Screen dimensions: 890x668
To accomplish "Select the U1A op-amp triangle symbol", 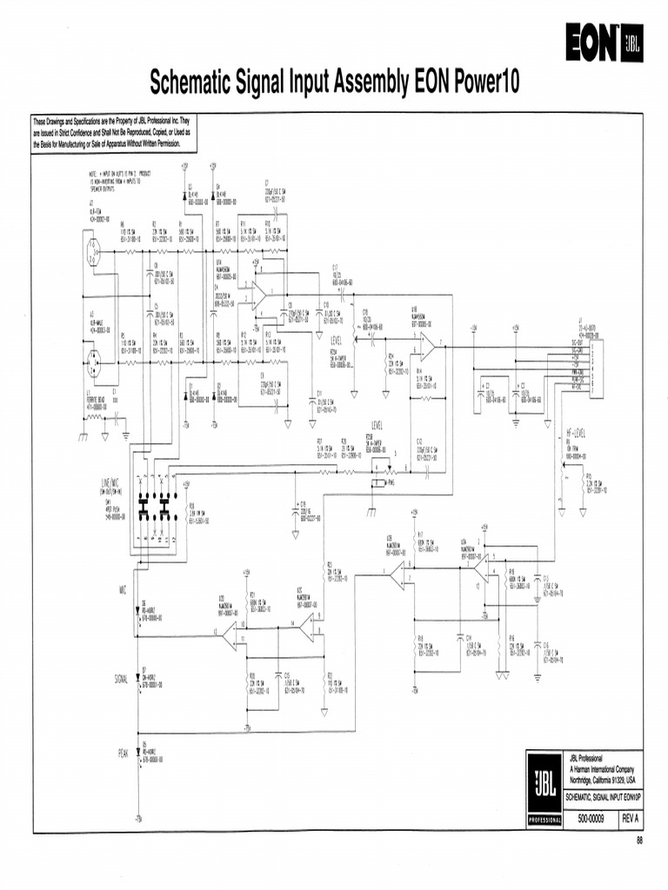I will coord(258,296).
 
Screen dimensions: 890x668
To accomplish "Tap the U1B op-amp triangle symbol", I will coord(426,345).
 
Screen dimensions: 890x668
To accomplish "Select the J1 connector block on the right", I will coord(593,366).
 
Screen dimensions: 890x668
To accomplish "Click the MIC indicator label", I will coord(123,589).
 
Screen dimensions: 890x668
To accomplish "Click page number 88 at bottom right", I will coord(638,840).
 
